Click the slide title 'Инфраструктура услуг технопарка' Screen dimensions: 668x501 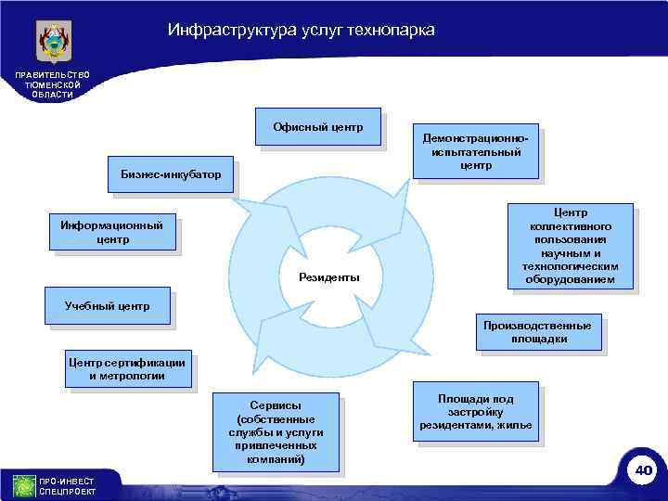301,31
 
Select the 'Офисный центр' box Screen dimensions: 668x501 318,126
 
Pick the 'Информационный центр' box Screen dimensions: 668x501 112,232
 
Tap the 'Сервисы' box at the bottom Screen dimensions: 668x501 276,432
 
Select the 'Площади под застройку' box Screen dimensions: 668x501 476,411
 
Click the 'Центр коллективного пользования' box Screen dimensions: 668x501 571,246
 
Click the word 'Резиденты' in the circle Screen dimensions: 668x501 328,277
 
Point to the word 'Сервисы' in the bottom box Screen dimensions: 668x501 276,405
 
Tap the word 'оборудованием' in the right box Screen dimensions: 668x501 571,279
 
